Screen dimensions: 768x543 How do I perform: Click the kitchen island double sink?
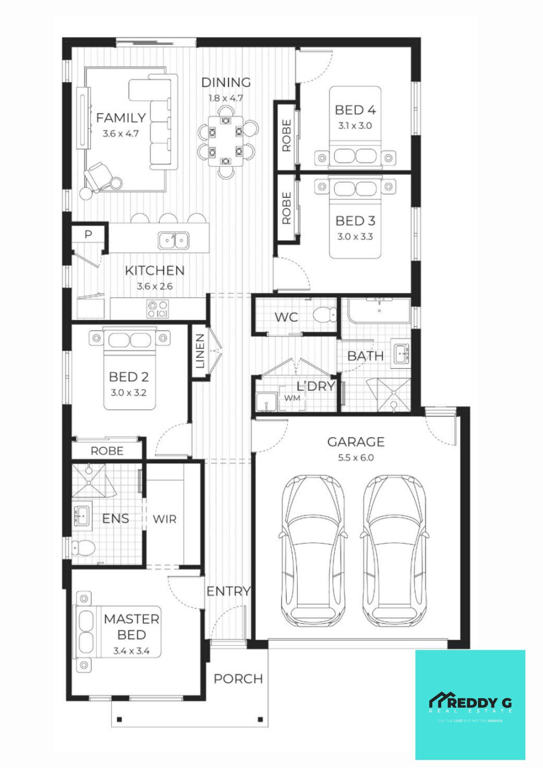click(x=173, y=241)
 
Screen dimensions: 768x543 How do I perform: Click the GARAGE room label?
click(x=356, y=442)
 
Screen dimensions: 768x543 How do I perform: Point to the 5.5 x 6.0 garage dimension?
click(x=356, y=458)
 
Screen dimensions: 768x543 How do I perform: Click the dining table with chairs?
click(x=226, y=141)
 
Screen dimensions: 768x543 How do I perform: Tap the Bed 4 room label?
click(x=355, y=110)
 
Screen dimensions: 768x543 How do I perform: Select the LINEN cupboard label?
click(x=200, y=351)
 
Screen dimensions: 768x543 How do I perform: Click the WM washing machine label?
click(x=292, y=398)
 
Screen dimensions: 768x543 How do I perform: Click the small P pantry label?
click(x=88, y=234)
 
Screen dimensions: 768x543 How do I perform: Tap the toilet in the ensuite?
click(x=84, y=547)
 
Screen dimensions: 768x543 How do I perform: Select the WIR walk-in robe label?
click(x=164, y=519)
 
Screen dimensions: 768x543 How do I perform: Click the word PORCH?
click(x=238, y=679)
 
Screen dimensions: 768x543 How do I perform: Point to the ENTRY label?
click(x=228, y=591)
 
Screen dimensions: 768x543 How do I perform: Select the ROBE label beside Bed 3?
click(x=286, y=208)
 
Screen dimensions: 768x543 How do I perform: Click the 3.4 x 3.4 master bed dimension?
click(x=131, y=651)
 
